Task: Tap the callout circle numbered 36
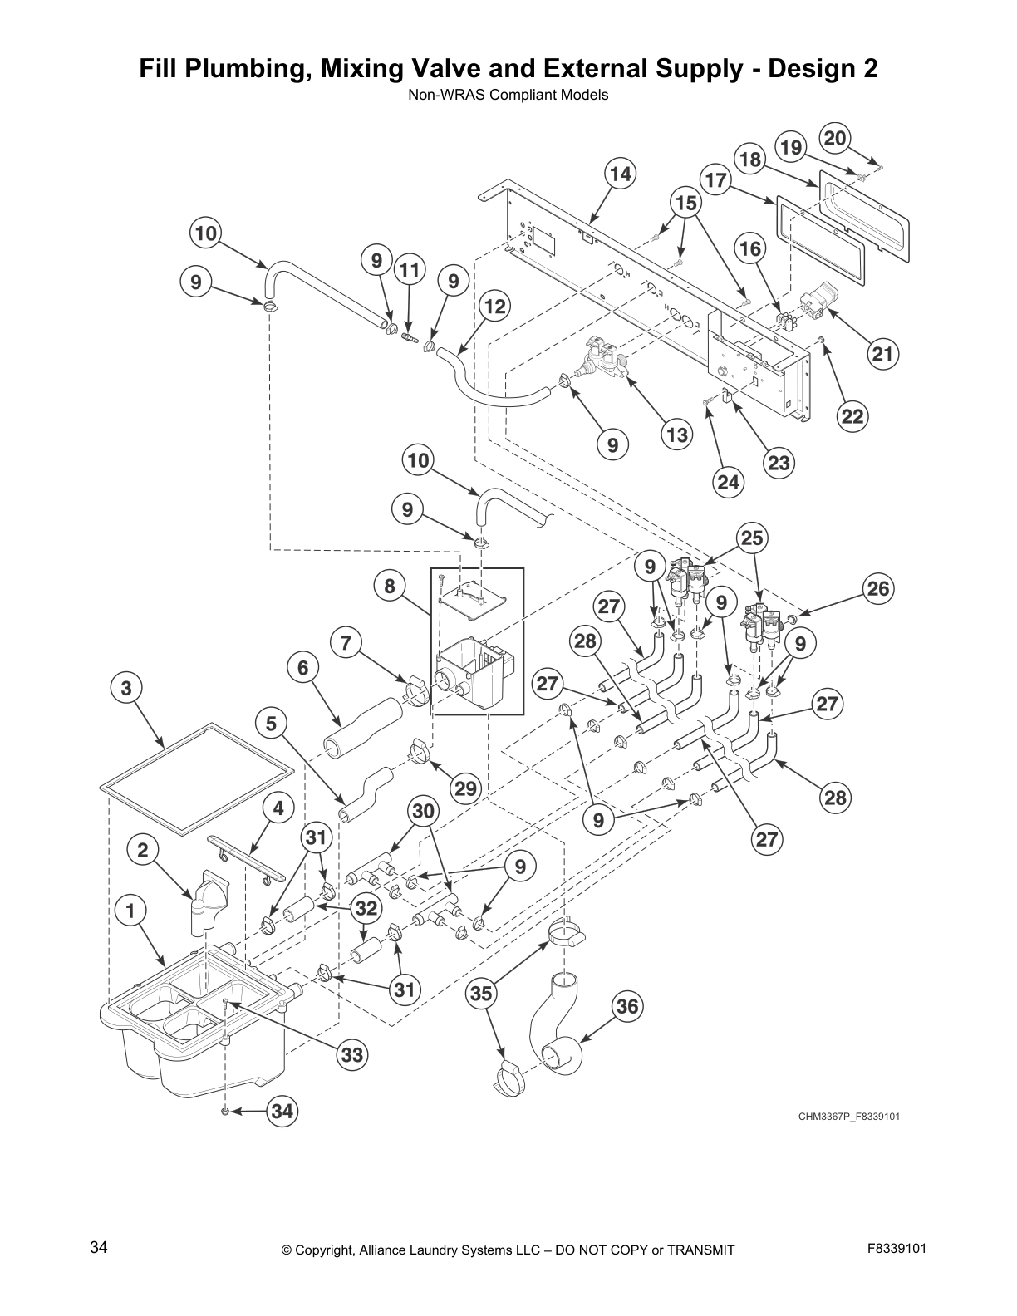(x=627, y=1007)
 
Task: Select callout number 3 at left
(x=126, y=688)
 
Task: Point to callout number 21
(x=882, y=355)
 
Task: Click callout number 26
(x=878, y=589)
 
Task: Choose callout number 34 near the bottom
(x=282, y=1111)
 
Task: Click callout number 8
(x=389, y=587)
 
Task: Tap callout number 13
(x=677, y=435)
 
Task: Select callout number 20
(x=835, y=138)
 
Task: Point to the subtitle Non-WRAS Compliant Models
(x=508, y=95)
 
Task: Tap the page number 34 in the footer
(x=98, y=1247)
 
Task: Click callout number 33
(x=352, y=1054)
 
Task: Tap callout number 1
(x=130, y=911)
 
